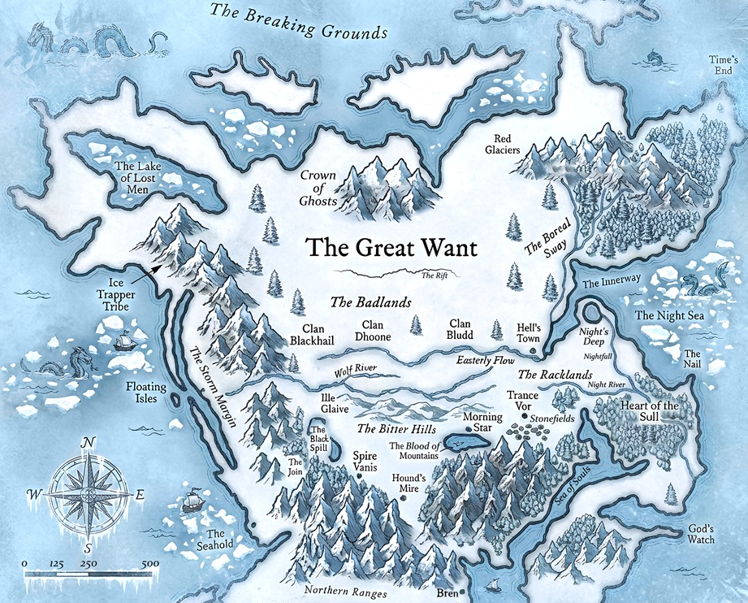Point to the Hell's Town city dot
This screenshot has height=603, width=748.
[x=533, y=350]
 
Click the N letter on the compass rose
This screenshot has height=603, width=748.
[x=89, y=443]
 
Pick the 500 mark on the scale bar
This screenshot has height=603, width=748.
[x=149, y=563]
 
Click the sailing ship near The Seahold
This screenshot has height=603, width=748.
[x=192, y=498]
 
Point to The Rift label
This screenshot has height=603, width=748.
[x=435, y=275]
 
